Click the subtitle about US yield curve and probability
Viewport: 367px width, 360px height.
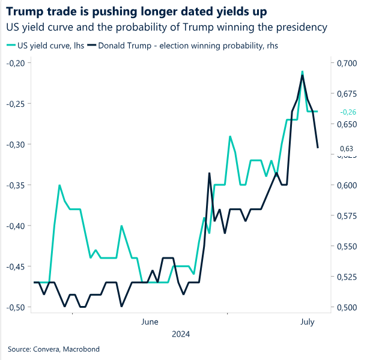[x=166, y=27]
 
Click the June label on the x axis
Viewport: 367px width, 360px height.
[x=150, y=322]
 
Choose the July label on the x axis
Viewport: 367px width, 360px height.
[x=307, y=322]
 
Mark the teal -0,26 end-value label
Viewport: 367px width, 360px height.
[x=348, y=112]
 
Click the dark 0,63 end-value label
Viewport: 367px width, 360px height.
[x=347, y=148]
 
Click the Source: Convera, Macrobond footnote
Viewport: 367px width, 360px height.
[x=53, y=349]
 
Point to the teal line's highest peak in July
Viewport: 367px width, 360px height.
[x=302, y=71]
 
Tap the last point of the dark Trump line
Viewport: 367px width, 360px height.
[x=318, y=148]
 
